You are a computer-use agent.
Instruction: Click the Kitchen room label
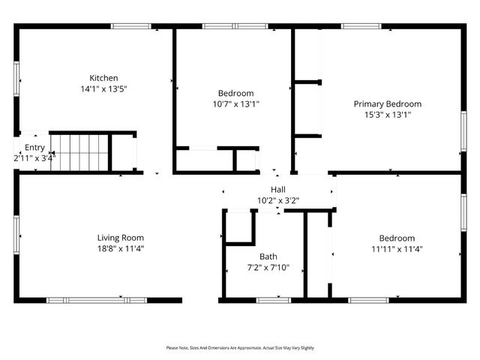103,78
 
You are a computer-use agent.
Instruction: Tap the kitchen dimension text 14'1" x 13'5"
103,88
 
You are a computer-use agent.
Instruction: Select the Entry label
34,148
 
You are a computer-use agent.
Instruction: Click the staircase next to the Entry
80,151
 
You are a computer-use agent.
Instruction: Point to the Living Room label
120,238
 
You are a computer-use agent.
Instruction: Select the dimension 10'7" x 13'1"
236,104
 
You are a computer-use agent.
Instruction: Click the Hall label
277,190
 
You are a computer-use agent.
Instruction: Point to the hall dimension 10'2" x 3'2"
277,200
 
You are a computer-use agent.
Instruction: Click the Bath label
268,256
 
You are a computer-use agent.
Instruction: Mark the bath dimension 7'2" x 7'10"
268,267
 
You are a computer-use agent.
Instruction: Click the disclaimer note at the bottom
240,348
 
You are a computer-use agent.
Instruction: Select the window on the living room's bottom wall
97,300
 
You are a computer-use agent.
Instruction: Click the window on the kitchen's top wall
132,26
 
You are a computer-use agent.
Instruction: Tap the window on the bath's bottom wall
273,300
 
